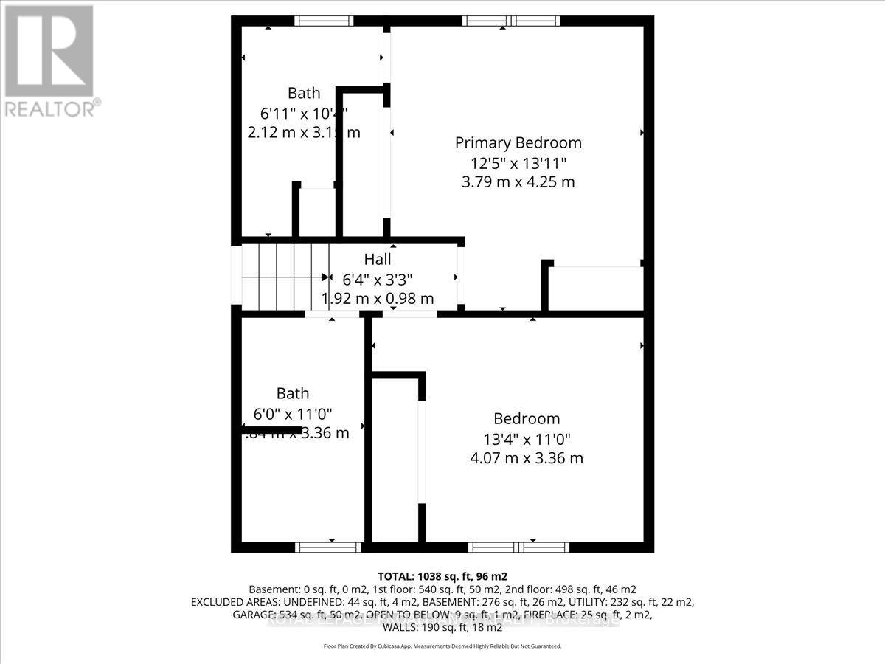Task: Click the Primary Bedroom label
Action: (518, 142)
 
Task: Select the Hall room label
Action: (377, 259)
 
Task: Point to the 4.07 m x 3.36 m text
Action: (527, 458)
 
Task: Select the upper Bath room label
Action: (304, 93)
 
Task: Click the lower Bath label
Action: (293, 393)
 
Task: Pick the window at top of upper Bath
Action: (324, 21)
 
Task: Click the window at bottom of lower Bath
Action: (328, 547)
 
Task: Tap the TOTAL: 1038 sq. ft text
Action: (442, 576)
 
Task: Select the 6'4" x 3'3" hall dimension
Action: (377, 280)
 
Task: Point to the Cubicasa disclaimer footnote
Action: (442, 646)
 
